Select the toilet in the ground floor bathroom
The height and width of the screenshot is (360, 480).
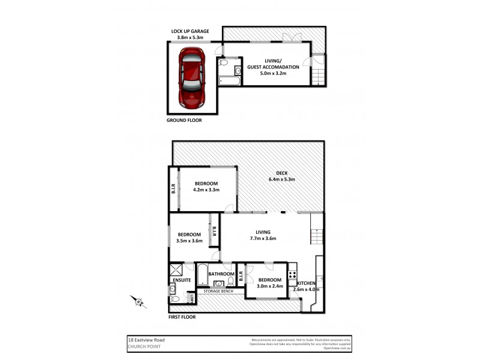(x=223, y=61)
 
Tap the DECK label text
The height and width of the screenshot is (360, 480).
(x=281, y=173)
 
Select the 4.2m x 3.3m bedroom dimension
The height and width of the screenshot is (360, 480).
(x=206, y=190)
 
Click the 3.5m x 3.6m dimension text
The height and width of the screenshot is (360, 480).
(x=189, y=241)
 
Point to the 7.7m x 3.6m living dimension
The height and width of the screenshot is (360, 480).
(x=263, y=238)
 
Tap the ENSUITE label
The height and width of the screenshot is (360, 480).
(x=181, y=280)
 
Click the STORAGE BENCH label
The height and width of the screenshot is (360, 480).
(x=218, y=291)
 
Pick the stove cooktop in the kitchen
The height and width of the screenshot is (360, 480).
(x=292, y=275)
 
